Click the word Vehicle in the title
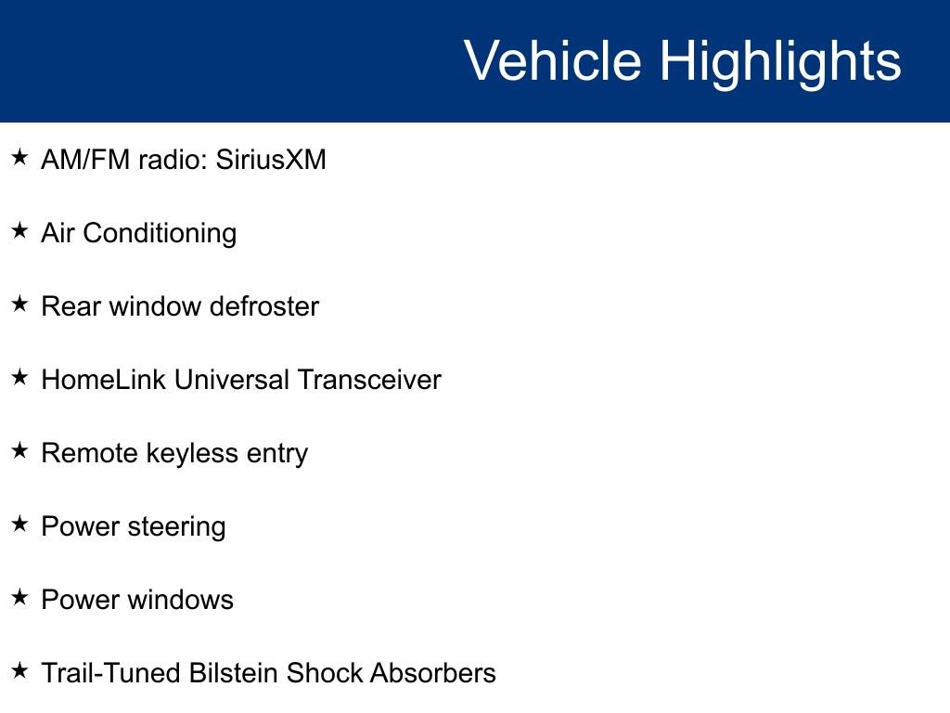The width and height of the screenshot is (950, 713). tap(553, 60)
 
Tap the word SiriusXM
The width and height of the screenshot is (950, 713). tap(271, 160)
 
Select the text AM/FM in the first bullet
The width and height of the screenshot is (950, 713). tap(85, 160)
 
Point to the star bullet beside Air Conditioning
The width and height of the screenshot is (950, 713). tap(19, 230)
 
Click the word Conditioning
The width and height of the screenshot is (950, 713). tap(160, 234)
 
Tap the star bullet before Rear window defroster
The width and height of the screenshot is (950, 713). tap(19, 304)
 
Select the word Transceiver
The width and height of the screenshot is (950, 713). tap(369, 380)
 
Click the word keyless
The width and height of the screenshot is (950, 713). tap(193, 454)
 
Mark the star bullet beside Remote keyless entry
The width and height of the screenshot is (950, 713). tap(19, 450)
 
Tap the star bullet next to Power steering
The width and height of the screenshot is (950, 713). tap(19, 524)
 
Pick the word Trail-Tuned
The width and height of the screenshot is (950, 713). tap(111, 673)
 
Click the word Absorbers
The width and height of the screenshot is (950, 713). tap(433, 673)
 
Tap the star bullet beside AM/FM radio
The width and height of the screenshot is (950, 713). tap(19, 157)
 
